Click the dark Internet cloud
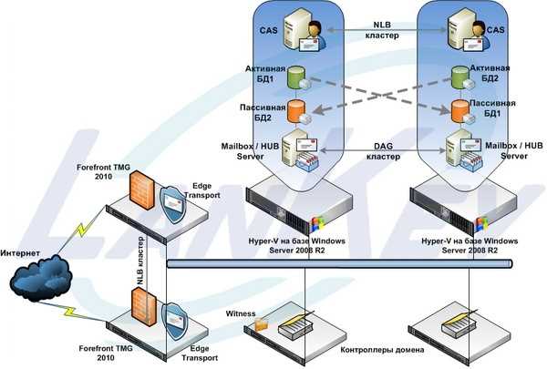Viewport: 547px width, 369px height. [x=41, y=278]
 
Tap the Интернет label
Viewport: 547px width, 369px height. [x=20, y=253]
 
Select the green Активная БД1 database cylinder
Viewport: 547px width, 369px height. [x=296, y=77]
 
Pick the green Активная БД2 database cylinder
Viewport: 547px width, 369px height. [x=460, y=77]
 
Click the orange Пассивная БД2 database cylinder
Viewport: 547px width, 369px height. [x=296, y=111]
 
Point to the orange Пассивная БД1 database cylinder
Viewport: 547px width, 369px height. [x=460, y=111]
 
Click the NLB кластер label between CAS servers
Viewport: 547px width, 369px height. [x=382, y=30]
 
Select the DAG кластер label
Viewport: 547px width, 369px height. [x=383, y=151]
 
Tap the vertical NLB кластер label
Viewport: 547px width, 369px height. [x=140, y=261]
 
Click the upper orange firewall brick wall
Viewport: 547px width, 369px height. [x=142, y=190]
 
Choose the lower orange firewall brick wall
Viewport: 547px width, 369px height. [x=144, y=307]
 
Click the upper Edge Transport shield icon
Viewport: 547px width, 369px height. [x=173, y=205]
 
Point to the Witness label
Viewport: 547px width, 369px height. [x=241, y=313]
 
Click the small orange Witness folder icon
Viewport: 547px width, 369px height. [x=262, y=324]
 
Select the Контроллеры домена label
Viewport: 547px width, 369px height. [x=382, y=350]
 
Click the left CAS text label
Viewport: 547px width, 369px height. [x=269, y=30]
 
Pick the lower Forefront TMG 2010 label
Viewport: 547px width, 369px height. [x=106, y=353]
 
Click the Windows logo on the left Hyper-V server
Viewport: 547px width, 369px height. [x=317, y=223]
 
